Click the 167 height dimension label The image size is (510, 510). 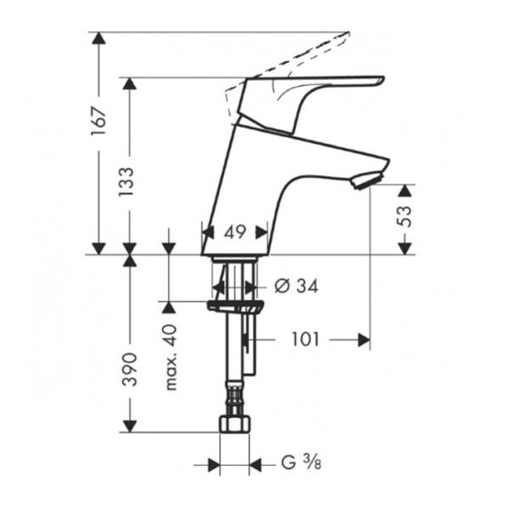click(99, 121)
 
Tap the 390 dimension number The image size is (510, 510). click(128, 368)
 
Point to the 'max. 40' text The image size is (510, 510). click(170, 357)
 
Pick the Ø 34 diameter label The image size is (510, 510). click(297, 286)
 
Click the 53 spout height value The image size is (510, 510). click(405, 218)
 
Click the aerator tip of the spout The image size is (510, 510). click(365, 179)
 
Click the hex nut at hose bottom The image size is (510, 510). click(235, 422)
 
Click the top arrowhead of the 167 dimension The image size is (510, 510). click(99, 39)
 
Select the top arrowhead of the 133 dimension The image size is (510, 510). click(128, 84)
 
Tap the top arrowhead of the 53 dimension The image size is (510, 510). click(405, 190)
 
